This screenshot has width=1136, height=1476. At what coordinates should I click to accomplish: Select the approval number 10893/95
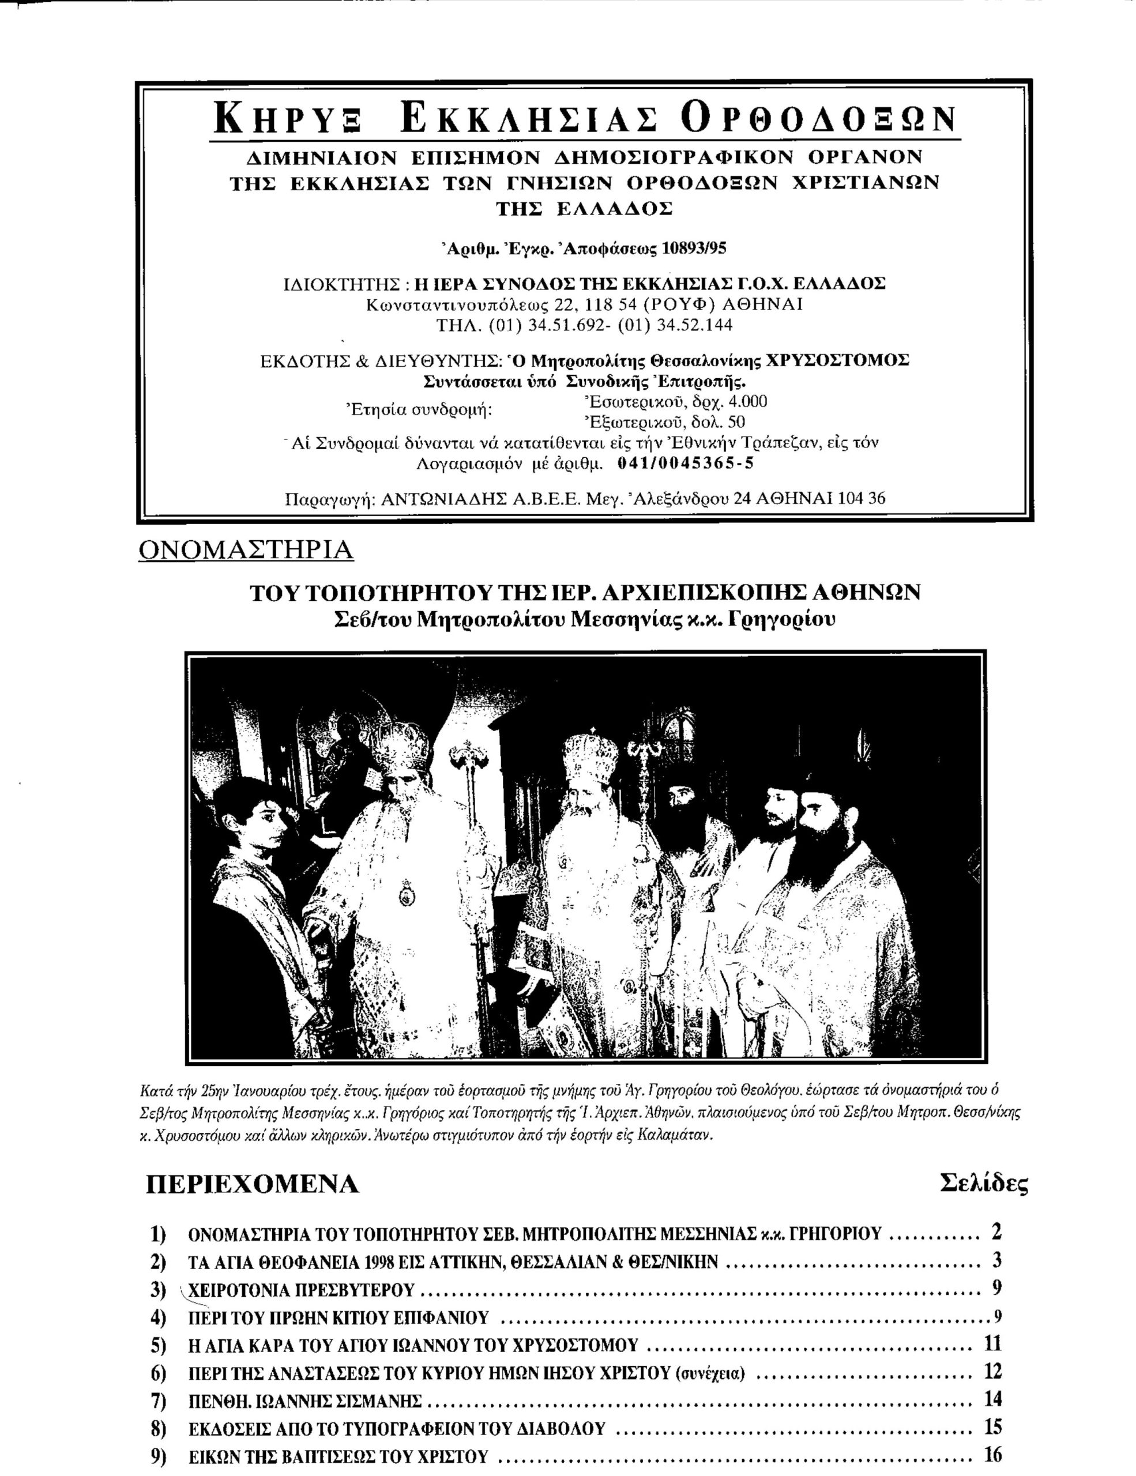(x=695, y=248)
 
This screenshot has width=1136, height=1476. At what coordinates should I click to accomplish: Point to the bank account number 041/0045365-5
(x=686, y=464)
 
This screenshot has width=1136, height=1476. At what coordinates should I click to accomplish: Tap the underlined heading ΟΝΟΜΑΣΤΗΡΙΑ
(x=246, y=550)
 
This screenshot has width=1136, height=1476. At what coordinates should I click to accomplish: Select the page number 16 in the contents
(x=994, y=1454)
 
